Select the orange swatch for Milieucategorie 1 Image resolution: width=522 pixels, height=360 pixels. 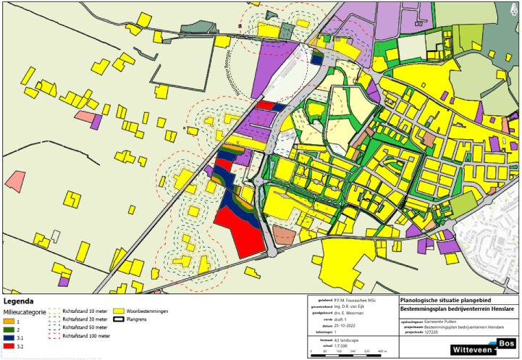click(x=9, y=319)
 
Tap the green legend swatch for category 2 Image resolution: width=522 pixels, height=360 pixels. click(x=9, y=328)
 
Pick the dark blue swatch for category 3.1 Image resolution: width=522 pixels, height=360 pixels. click(x=9, y=337)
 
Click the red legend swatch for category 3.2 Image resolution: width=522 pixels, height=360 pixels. click(x=9, y=346)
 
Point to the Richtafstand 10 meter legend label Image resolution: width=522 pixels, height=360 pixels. click(x=85, y=311)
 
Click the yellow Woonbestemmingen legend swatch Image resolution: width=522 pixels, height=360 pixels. click(x=119, y=311)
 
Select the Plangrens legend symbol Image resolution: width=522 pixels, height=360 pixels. click(x=119, y=319)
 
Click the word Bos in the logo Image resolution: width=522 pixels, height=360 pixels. click(x=507, y=343)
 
